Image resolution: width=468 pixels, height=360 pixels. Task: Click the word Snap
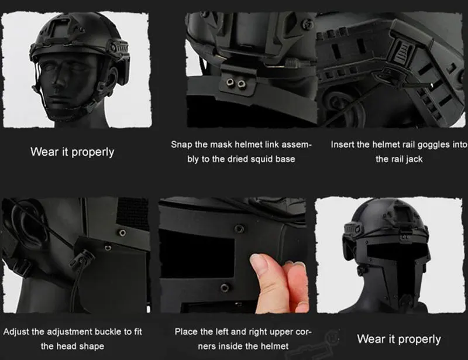pos(182,145)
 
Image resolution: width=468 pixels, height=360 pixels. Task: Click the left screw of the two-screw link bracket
pos(230,82)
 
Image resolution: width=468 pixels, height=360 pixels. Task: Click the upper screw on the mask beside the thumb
pos(239,229)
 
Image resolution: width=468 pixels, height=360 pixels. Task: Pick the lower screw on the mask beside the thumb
pos(225,288)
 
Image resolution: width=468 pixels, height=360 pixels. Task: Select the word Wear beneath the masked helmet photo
pos(370,339)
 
